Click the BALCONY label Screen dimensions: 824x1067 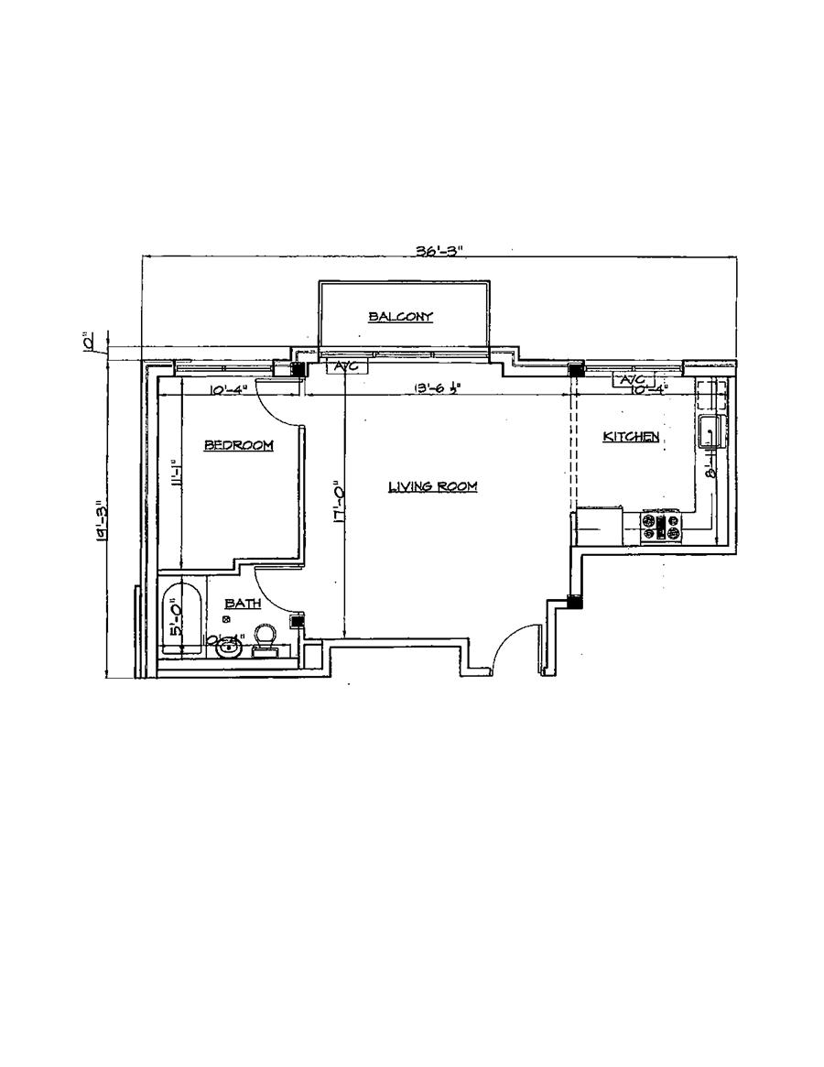click(400, 317)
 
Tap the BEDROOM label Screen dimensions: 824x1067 click(238, 445)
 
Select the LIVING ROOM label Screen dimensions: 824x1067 click(433, 486)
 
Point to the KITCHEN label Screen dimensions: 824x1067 click(630, 437)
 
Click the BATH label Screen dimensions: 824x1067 click(243, 604)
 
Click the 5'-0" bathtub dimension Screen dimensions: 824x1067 click(174, 617)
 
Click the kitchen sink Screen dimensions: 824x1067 click(712, 431)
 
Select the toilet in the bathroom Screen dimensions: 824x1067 click(265, 637)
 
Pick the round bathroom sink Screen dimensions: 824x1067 click(228, 648)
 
